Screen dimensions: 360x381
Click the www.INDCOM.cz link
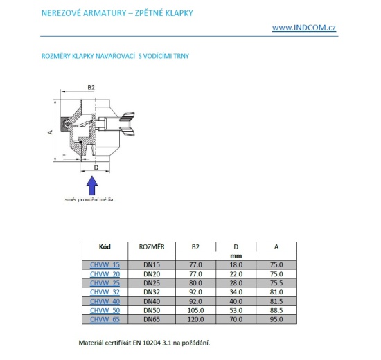coord(304,28)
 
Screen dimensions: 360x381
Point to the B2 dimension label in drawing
coord(91,88)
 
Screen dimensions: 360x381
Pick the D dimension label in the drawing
coord(96,168)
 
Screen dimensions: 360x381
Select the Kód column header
coord(105,246)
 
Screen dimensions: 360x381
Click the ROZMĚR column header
coord(151,246)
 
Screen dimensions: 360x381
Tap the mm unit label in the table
coord(235,255)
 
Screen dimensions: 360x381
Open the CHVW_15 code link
coord(105,264)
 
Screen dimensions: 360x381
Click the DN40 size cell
coord(151,300)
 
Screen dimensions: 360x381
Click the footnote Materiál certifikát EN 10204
coord(145,342)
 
